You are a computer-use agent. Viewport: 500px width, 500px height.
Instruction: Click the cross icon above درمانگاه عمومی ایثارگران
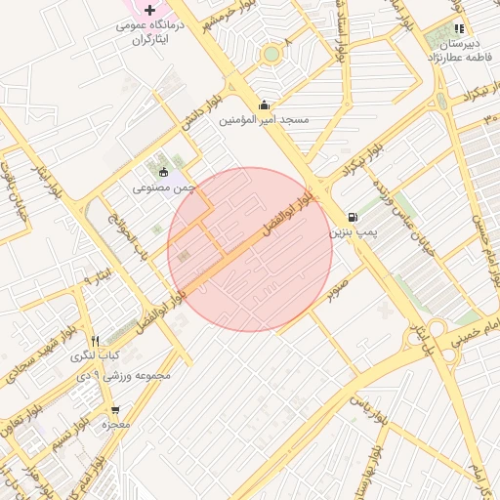149,10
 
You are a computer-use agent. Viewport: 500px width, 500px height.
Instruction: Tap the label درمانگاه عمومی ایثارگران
149,30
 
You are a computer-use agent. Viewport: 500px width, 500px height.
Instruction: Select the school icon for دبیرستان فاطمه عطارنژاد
459,29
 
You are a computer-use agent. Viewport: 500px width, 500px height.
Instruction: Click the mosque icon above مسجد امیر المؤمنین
262,104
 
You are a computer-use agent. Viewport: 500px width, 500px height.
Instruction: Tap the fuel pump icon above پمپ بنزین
352,217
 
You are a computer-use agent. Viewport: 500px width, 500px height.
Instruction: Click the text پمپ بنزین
351,232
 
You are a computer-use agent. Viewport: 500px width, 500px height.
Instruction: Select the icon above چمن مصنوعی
163,172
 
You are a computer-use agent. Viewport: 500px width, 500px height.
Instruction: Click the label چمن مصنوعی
164,186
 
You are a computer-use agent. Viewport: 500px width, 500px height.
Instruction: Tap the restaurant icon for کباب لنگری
95,341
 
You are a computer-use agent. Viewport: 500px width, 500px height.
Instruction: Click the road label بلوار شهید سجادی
33,362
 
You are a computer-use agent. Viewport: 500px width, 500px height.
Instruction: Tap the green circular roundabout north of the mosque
271,54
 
